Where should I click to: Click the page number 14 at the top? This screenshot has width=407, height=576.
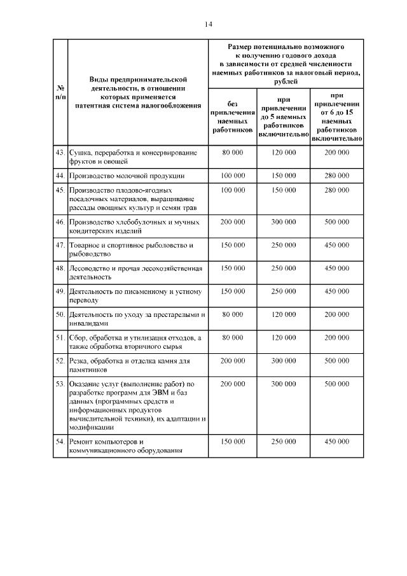pyautogui.click(x=208, y=24)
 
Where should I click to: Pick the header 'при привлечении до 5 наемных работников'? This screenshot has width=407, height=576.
pyautogui.click(x=283, y=116)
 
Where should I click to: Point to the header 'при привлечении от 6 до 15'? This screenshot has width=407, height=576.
pyautogui.click(x=336, y=116)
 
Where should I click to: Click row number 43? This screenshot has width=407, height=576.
pyautogui.click(x=60, y=153)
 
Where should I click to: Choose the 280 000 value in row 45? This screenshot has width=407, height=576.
pyautogui.click(x=336, y=190)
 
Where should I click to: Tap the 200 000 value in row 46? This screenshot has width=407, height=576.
pyautogui.click(x=232, y=222)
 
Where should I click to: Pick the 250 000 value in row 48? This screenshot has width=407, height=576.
pyautogui.click(x=283, y=269)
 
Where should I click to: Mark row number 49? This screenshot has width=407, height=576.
pyautogui.click(x=60, y=292)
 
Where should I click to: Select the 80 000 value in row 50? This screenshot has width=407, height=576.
pyautogui.click(x=232, y=314)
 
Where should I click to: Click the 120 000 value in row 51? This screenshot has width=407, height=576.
pyautogui.click(x=283, y=338)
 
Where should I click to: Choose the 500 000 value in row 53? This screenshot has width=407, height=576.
pyautogui.click(x=336, y=384)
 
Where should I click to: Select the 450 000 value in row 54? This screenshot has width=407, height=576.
pyautogui.click(x=336, y=442)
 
